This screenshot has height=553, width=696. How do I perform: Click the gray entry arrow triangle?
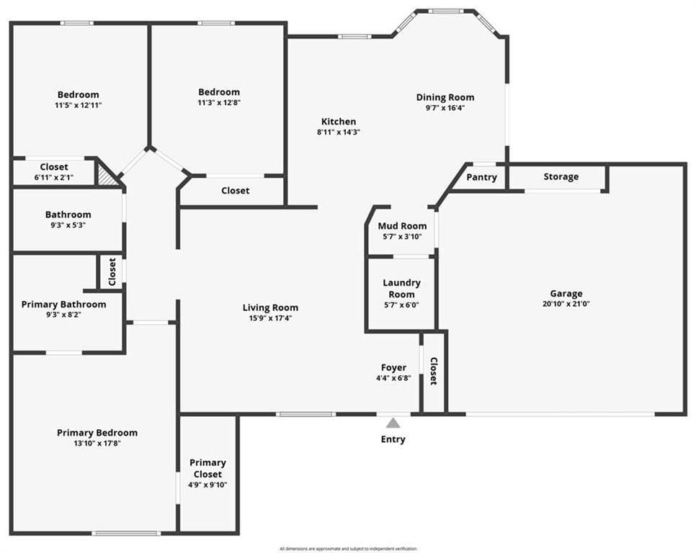pyautogui.click(x=393, y=423)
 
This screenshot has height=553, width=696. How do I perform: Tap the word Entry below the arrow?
pyautogui.click(x=393, y=439)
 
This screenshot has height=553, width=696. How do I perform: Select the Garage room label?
pyautogui.click(x=566, y=294)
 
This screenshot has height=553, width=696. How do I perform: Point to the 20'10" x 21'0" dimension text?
pyautogui.click(x=566, y=304)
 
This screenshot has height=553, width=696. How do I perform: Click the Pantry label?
pyautogui.click(x=481, y=177)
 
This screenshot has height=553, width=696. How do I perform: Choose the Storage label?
pyautogui.click(x=561, y=176)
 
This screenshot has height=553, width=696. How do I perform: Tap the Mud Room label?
pyautogui.click(x=402, y=226)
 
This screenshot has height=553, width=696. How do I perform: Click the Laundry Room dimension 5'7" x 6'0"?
pyautogui.click(x=402, y=305)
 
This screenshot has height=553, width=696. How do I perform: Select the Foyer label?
pyautogui.click(x=393, y=368)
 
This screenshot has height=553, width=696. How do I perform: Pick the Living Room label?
pyautogui.click(x=270, y=307)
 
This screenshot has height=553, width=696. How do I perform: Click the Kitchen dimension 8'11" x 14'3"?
pyautogui.click(x=338, y=132)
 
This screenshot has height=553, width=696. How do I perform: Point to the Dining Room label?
pyautogui.click(x=445, y=97)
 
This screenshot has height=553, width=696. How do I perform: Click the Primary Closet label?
pyautogui.click(x=208, y=468)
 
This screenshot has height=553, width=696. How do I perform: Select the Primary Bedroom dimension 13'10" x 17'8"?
pyautogui.click(x=97, y=444)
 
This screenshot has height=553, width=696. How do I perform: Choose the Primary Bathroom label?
pyautogui.click(x=64, y=304)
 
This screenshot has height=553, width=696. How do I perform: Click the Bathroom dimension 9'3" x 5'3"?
pyautogui.click(x=68, y=225)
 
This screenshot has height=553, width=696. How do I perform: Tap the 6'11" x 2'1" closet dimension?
pyautogui.click(x=54, y=178)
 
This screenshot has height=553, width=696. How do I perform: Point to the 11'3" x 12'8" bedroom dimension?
pyautogui.click(x=219, y=103)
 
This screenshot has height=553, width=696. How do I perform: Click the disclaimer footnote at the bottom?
pyautogui.click(x=348, y=549)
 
